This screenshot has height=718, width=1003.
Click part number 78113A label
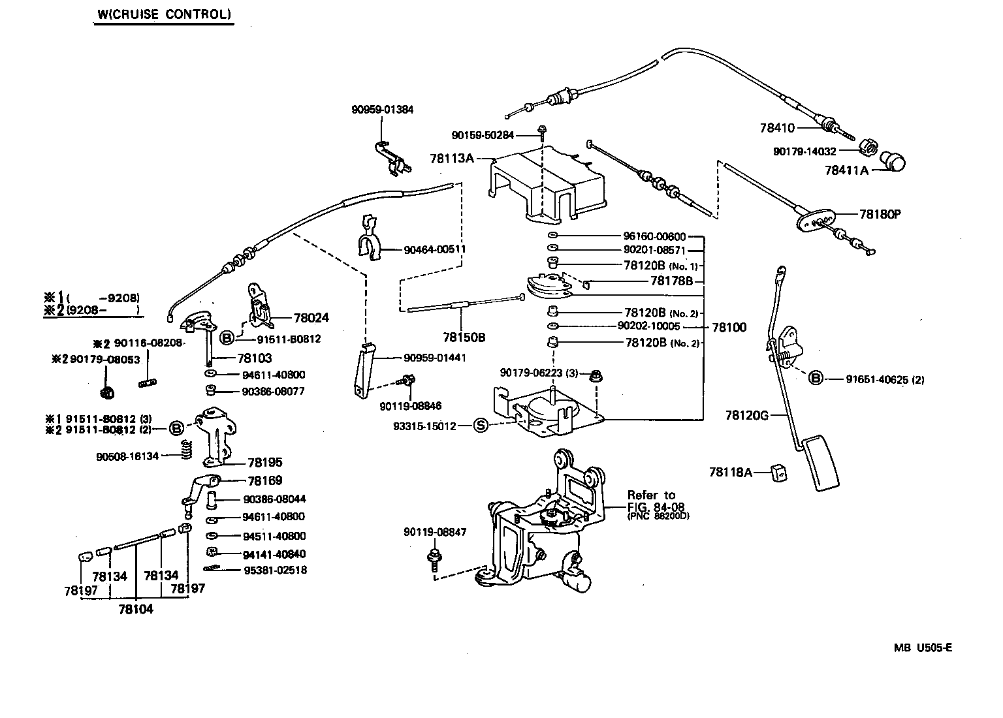pyautogui.click(x=452, y=158)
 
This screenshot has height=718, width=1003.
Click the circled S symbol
pyautogui.click(x=480, y=426)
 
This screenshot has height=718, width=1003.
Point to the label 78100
pyautogui.click(x=729, y=328)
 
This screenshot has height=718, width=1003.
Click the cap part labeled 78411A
pyautogui.click(x=892, y=161)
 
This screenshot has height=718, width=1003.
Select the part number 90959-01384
pyautogui.click(x=383, y=110)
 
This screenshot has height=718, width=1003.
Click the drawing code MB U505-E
pyautogui.click(x=923, y=648)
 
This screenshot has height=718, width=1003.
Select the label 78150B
pyautogui.click(x=464, y=337)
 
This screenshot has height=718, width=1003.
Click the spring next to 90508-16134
pyautogui.click(x=186, y=449)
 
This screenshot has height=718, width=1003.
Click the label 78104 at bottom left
pyautogui.click(x=136, y=609)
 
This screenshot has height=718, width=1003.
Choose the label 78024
pyautogui.click(x=311, y=318)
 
